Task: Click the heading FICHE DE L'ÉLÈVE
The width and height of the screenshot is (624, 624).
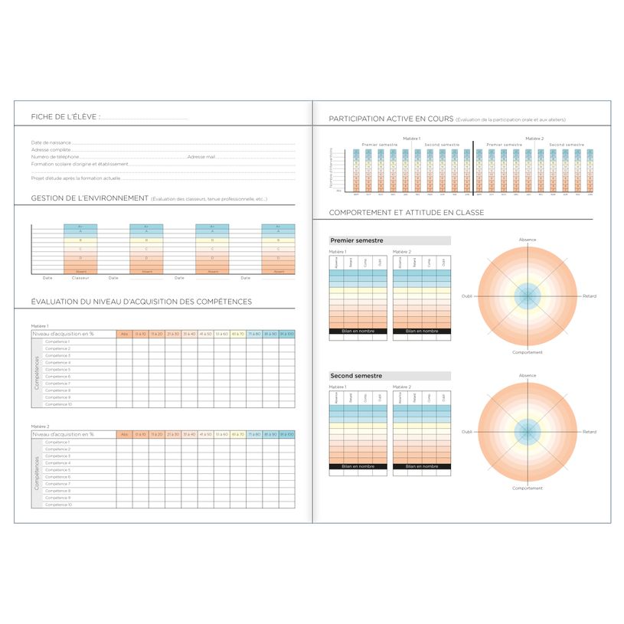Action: pyautogui.click(x=65, y=116)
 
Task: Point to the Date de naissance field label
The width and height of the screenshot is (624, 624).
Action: pyautogui.click(x=51, y=142)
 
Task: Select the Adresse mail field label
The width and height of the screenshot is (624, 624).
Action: pyautogui.click(x=201, y=156)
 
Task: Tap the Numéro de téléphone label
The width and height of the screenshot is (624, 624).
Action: pyautogui.click(x=55, y=156)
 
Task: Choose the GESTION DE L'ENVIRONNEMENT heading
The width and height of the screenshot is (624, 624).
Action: pyautogui.click(x=90, y=198)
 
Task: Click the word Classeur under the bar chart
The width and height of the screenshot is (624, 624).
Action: pyautogui.click(x=80, y=278)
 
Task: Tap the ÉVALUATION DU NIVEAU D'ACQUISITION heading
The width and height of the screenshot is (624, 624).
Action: pyautogui.click(x=142, y=302)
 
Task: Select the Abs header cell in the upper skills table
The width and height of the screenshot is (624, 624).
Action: pyautogui.click(x=124, y=335)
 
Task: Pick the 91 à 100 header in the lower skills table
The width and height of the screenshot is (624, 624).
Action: pyautogui.click(x=286, y=434)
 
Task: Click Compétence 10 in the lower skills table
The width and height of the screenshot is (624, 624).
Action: pyautogui.click(x=58, y=505)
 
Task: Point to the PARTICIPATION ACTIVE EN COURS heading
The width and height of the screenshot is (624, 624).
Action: pyautogui.click(x=390, y=119)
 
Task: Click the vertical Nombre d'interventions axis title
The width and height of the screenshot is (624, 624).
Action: pyautogui.click(x=331, y=167)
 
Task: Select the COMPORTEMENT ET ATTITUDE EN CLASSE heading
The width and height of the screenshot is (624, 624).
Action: pyautogui.click(x=406, y=212)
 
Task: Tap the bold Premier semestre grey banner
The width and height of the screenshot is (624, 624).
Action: pyautogui.click(x=356, y=240)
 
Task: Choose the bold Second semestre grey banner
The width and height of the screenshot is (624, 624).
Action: pyautogui.click(x=356, y=376)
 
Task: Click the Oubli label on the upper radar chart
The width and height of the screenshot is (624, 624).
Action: pyautogui.click(x=467, y=296)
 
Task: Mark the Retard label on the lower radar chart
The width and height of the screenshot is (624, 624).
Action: pyautogui.click(x=589, y=432)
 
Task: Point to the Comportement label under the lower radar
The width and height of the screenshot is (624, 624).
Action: pyautogui.click(x=528, y=488)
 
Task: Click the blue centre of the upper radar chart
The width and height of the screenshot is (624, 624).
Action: pyautogui.click(x=528, y=296)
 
